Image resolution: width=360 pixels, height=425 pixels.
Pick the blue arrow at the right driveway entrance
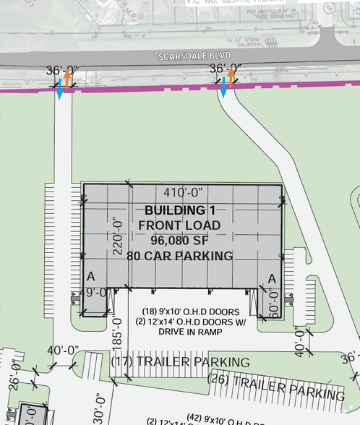point(223,90)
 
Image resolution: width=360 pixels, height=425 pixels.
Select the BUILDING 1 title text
point(174,210)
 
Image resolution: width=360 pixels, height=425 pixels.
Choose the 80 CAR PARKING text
point(179,256)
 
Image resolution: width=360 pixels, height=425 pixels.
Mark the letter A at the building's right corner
point(273,279)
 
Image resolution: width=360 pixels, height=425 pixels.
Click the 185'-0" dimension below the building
point(117,335)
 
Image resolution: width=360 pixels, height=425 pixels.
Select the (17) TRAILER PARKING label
point(183,361)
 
